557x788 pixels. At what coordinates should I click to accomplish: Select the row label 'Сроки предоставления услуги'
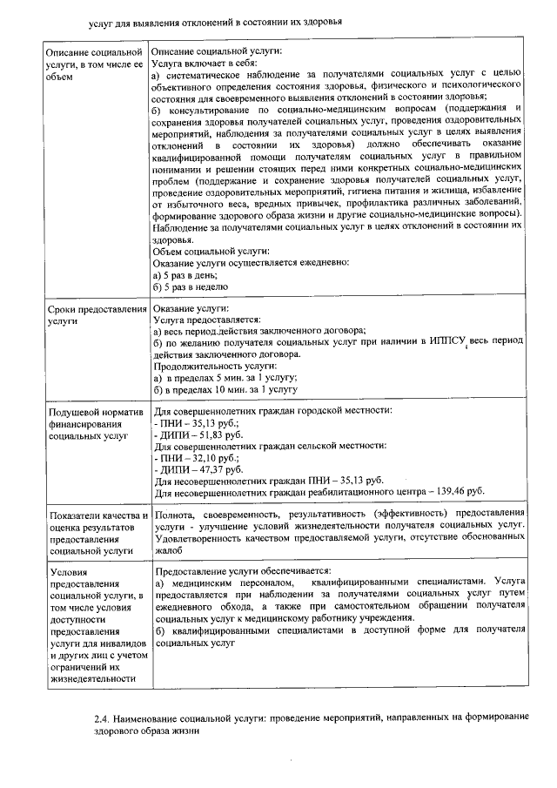96,315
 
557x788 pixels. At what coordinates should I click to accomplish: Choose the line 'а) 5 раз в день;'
185,274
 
